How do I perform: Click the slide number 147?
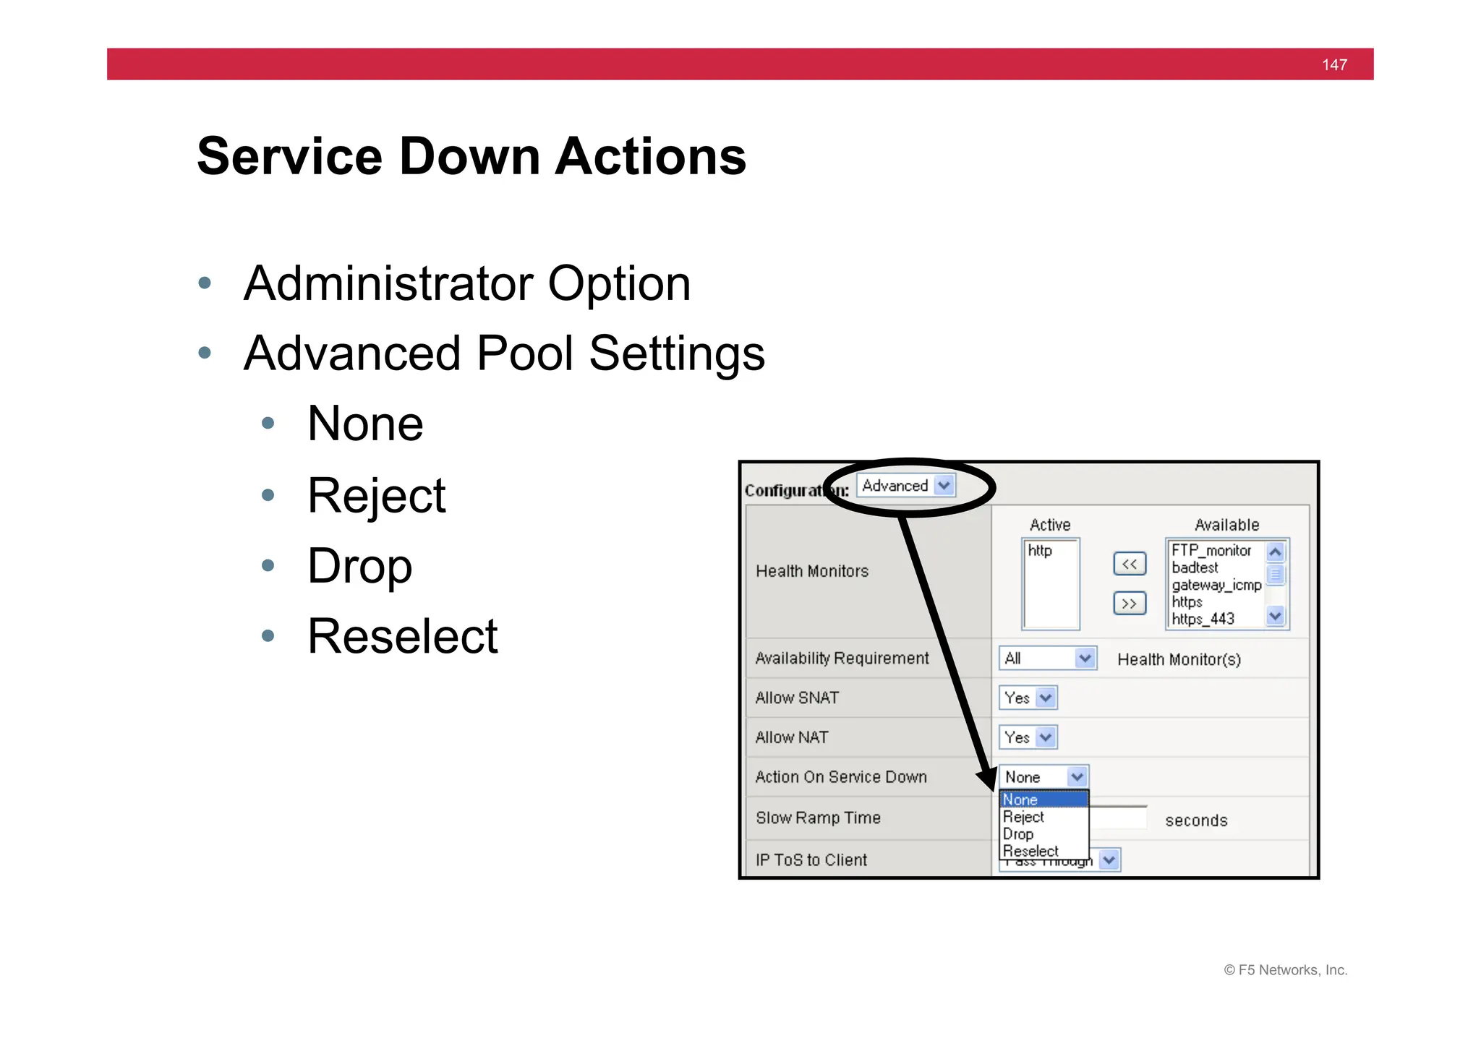(1333, 65)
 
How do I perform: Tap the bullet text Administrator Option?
(467, 283)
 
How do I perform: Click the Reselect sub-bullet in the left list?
(402, 636)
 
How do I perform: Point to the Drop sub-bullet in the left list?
(359, 566)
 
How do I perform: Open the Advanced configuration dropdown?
(905, 486)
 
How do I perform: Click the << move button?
(1129, 564)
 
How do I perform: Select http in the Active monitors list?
(1040, 551)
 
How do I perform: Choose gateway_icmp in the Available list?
(1216, 585)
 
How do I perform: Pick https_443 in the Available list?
(1203, 619)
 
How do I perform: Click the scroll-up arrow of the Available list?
(1275, 552)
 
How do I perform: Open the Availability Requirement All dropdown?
(1047, 659)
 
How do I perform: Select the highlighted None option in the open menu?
(1043, 799)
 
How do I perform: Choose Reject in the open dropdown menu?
(1023, 817)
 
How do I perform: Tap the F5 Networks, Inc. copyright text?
(1285, 970)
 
